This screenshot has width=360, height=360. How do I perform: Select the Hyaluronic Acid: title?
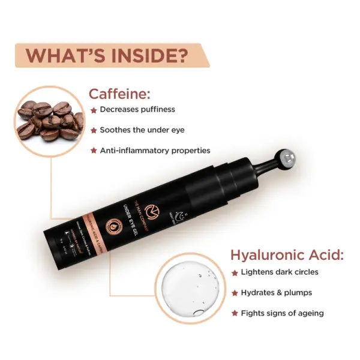coord(287,254)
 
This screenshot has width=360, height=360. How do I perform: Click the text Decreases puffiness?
coord(137,110)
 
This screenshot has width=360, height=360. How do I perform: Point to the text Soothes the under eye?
coord(142,130)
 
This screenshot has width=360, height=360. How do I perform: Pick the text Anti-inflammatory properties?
coord(155,150)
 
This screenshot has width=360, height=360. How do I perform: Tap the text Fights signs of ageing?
coord(282,313)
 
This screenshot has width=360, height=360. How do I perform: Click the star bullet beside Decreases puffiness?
coord(93,110)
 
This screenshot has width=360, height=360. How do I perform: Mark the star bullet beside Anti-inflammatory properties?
coord(93,150)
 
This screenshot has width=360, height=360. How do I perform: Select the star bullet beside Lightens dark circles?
coord(234,272)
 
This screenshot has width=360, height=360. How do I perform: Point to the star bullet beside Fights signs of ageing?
coord(234,313)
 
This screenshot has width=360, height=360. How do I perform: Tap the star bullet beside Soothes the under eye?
coord(93,130)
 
